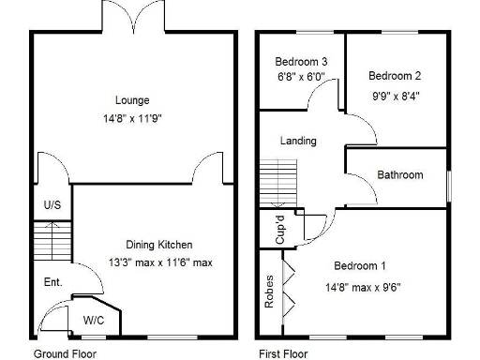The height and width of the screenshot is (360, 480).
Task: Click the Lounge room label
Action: tap(132, 100)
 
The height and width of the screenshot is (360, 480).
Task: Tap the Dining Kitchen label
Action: tap(160, 245)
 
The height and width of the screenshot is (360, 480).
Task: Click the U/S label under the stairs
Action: tap(52, 204)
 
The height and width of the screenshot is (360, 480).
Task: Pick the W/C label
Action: tap(94, 319)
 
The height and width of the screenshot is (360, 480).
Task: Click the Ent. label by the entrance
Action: tap(53, 281)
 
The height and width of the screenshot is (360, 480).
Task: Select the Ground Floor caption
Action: tap(65, 353)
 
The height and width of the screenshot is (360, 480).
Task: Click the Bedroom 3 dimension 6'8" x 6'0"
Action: tap(301, 77)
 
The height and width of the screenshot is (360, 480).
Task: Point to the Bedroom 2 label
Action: tap(394, 76)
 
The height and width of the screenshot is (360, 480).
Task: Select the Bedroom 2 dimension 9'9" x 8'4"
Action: tap(394, 94)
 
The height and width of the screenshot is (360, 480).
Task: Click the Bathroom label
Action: tap(400, 174)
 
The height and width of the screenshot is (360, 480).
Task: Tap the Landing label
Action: tap(298, 141)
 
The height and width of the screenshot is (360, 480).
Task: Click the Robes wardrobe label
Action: tap(269, 292)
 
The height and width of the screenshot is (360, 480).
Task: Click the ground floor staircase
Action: tap(52, 241)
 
